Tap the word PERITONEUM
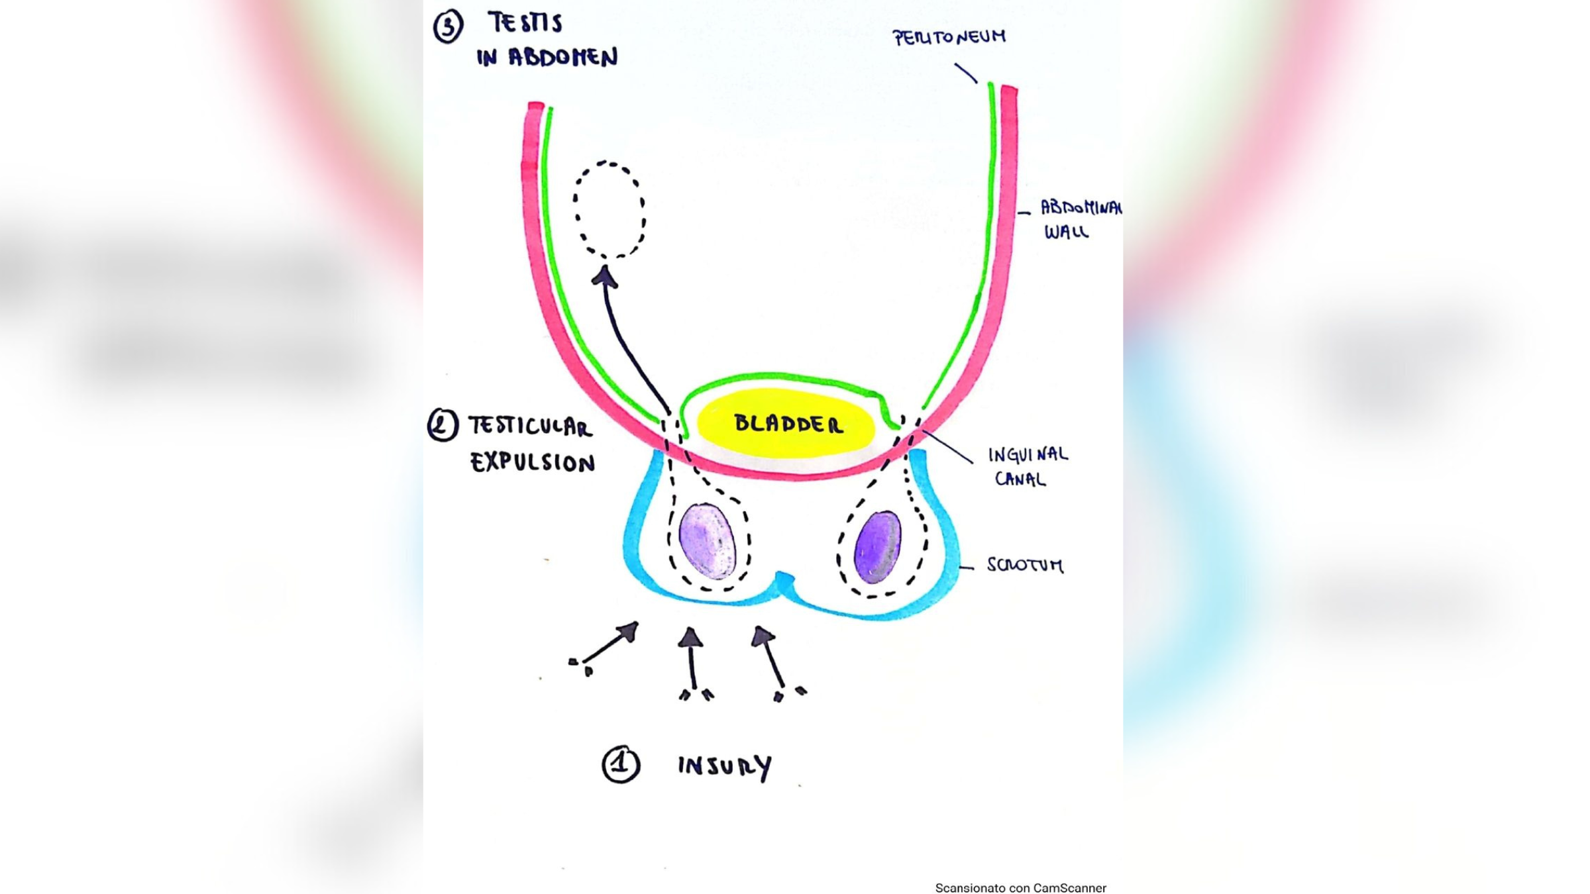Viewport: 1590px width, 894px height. (x=949, y=37)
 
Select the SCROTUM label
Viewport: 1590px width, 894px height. (x=1025, y=565)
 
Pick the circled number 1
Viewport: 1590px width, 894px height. (x=621, y=764)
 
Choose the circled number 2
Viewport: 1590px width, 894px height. (x=443, y=425)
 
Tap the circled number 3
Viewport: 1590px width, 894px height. (x=448, y=27)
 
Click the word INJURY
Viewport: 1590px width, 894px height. (x=725, y=767)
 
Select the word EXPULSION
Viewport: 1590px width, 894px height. (x=533, y=462)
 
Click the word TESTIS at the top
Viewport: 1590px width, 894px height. (x=525, y=23)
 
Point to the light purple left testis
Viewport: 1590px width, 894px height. (x=708, y=541)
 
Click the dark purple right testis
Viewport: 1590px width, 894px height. (x=878, y=546)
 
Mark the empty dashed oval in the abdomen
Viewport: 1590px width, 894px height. (x=609, y=209)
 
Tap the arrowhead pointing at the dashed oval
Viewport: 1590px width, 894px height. (x=604, y=277)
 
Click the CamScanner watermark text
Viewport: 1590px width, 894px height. (x=1020, y=888)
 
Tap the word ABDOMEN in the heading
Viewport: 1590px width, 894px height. (x=562, y=58)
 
